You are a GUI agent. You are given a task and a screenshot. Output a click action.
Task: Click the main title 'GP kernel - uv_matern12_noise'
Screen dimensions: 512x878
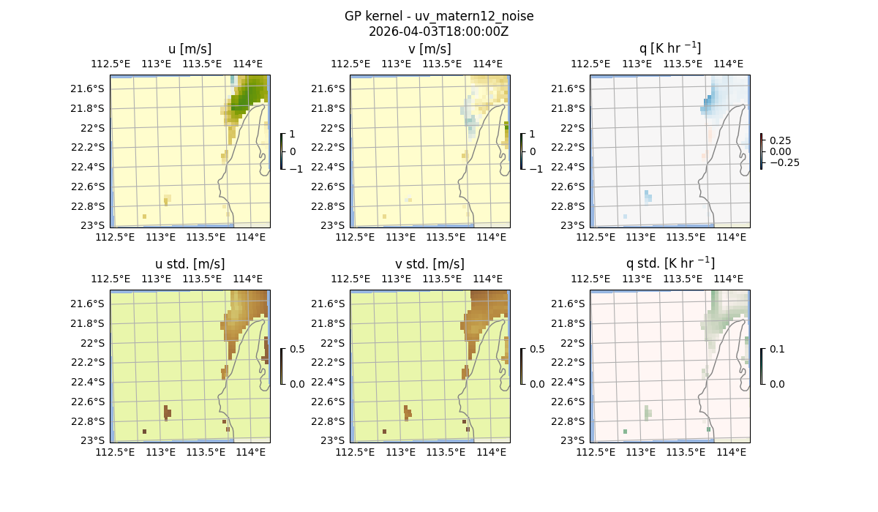pyautogui.click(x=438, y=16)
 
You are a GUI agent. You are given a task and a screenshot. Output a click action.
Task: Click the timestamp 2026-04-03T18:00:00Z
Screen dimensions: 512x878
pyautogui.click(x=438, y=31)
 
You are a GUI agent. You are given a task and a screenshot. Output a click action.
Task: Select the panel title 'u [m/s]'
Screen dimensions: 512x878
pyautogui.click(x=190, y=49)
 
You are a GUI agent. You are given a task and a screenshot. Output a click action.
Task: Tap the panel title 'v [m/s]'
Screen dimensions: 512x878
pyautogui.click(x=429, y=49)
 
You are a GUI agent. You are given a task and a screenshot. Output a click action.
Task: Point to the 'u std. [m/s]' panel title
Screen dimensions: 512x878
pyautogui.click(x=190, y=264)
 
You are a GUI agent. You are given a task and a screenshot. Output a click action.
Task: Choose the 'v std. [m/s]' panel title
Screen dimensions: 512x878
pyautogui.click(x=429, y=264)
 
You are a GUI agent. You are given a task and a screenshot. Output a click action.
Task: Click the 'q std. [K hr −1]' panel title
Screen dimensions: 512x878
pyautogui.click(x=669, y=263)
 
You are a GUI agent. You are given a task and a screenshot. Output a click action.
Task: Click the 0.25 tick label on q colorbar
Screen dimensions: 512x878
pyautogui.click(x=781, y=140)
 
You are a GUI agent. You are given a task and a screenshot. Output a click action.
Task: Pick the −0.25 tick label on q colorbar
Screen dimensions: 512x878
pyautogui.click(x=783, y=162)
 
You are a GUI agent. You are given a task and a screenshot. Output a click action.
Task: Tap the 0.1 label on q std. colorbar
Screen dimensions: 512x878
pyautogui.click(x=776, y=349)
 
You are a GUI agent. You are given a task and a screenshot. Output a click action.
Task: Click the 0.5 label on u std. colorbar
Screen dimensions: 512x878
pyautogui.click(x=297, y=349)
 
